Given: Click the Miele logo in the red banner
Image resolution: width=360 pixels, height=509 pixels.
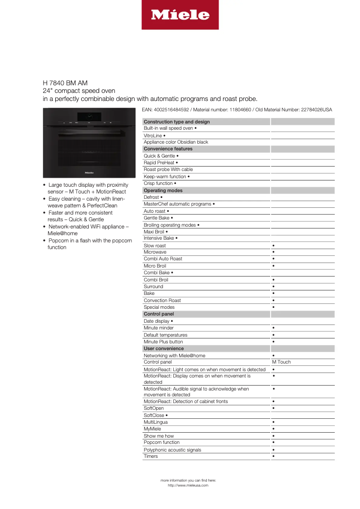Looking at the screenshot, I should [x=180, y=15].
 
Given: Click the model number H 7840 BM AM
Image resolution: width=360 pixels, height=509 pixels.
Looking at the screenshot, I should [x=65, y=83].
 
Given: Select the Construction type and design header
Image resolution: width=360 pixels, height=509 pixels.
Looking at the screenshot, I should [x=176, y=122].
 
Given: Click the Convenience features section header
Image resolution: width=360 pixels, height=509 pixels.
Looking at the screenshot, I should [x=168, y=149].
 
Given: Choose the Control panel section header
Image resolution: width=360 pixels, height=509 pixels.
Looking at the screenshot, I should [x=158, y=314].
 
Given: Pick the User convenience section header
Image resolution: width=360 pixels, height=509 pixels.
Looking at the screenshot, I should [x=163, y=348].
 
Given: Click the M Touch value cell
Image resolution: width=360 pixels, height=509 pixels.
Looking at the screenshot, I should [x=281, y=362].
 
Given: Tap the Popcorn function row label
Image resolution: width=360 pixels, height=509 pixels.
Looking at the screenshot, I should [x=161, y=442].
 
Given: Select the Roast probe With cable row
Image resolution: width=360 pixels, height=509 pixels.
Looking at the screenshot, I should [x=168, y=169].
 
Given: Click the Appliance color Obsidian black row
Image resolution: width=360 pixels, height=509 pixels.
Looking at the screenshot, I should [x=176, y=142].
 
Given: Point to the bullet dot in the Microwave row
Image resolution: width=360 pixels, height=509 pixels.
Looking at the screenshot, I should [x=273, y=252].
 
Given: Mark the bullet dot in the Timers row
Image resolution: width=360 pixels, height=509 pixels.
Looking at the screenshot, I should [x=273, y=456].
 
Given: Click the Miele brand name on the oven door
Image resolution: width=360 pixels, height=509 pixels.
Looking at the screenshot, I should [x=89, y=171].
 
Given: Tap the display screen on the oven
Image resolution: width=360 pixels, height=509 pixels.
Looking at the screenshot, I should [x=89, y=116].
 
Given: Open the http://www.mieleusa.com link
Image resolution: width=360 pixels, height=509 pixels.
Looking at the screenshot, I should [x=188, y=485].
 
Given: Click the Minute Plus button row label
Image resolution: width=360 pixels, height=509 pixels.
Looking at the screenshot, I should [x=163, y=342].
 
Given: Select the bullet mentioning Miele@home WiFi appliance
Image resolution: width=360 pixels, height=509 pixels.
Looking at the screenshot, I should [x=88, y=230].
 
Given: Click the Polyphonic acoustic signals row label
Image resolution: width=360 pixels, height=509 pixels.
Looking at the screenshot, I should [x=172, y=450].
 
